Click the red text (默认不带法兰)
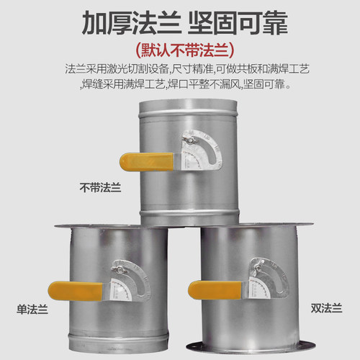click(x=180, y=51)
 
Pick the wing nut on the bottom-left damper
click(x=116, y=270)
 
